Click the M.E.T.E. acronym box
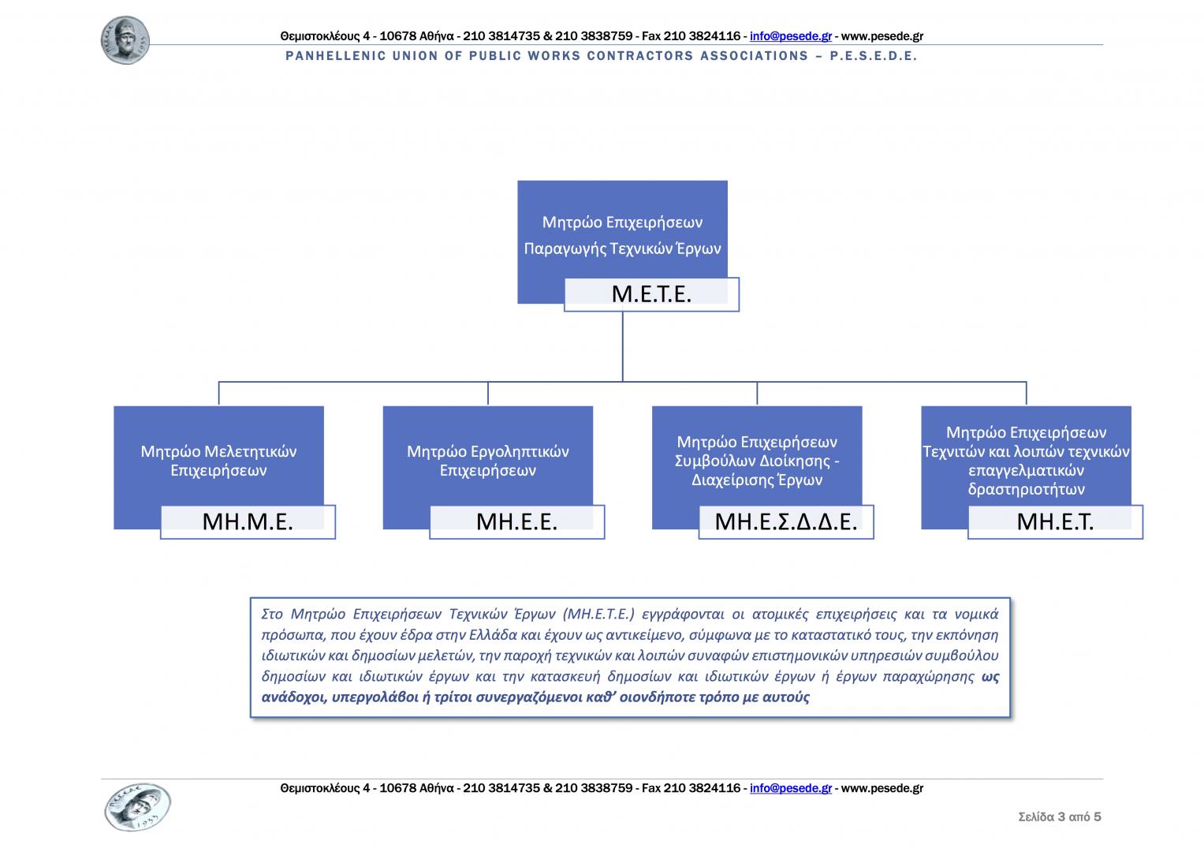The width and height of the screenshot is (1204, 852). [651, 294]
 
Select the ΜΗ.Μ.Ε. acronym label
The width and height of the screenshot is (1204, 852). [248, 521]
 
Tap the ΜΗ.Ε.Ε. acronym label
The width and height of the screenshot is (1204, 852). [516, 521]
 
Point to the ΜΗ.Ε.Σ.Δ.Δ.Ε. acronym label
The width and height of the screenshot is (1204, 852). [785, 521]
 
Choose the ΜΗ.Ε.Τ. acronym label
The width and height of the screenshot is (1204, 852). [1055, 521]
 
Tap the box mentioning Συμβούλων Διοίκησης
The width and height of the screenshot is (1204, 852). [757, 460]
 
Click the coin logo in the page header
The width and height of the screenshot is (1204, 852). [125, 40]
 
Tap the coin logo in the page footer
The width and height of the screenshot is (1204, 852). [137, 807]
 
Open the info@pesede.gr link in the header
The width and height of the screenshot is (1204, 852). [791, 35]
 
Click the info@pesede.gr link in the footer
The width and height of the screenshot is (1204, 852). [791, 788]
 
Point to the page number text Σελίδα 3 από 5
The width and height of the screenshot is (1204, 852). [1060, 816]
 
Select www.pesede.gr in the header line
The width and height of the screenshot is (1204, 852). [882, 35]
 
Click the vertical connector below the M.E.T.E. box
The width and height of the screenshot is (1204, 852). [623, 347]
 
